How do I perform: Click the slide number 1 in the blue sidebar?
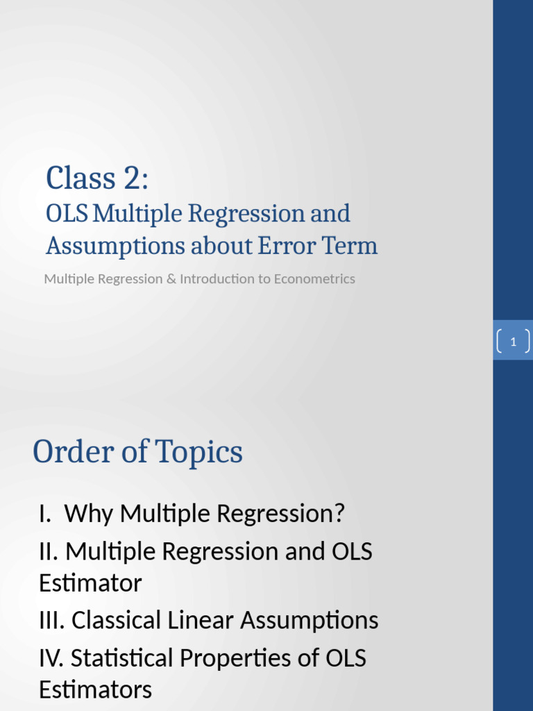click(x=513, y=342)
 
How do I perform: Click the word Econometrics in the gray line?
click(x=314, y=279)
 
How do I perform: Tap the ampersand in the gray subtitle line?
click(x=170, y=279)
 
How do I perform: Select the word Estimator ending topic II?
click(x=90, y=583)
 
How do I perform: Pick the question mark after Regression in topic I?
click(x=338, y=514)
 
